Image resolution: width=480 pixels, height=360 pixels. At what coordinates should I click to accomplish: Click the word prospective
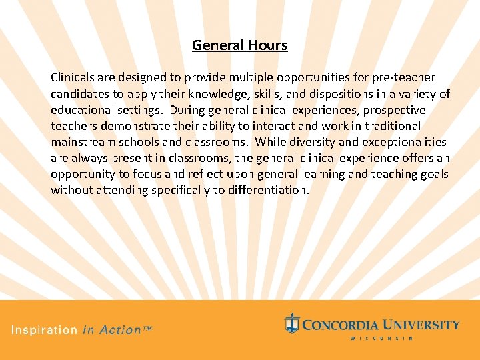[394, 110]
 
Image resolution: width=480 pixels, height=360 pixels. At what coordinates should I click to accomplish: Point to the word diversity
[305, 142]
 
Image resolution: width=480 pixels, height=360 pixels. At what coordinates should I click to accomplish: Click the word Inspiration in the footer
[44, 330]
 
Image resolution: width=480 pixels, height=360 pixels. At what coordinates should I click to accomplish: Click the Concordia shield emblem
[291, 323]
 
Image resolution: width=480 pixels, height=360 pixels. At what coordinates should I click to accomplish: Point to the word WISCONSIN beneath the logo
[382, 339]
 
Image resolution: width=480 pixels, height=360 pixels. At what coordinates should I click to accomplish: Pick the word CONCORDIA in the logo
[342, 325]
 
